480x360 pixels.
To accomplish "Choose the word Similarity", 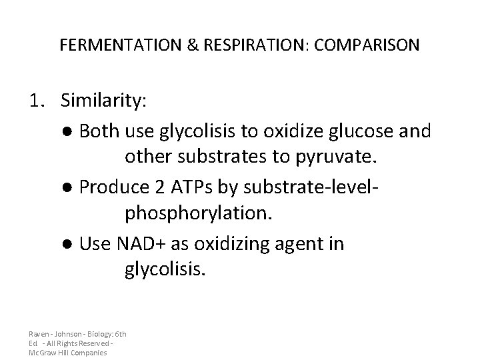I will click(x=105, y=101).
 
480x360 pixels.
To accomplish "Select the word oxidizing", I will click(x=221, y=245).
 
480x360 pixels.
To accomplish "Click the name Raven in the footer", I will click(x=39, y=333).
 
